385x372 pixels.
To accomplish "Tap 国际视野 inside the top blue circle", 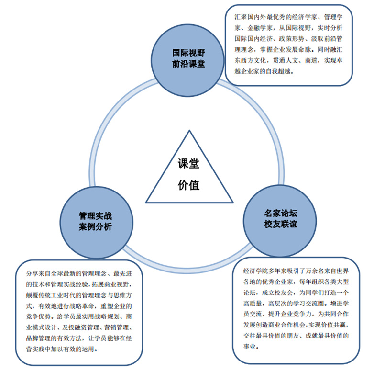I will coord(189,52).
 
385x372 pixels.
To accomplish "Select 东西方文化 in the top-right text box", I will coord(248,61).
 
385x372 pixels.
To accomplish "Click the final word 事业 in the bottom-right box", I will coord(249,347).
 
